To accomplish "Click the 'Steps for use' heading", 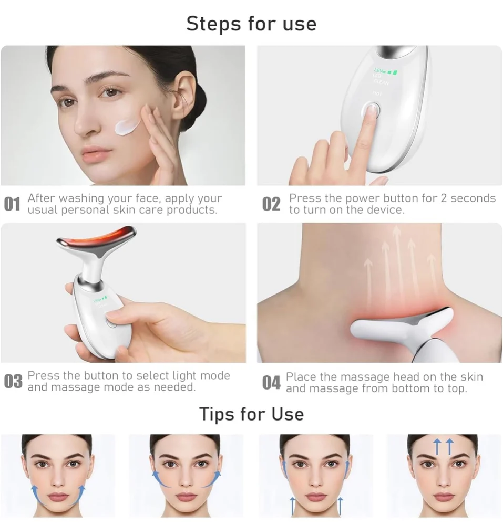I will (x=251, y=24).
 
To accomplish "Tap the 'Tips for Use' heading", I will (x=251, y=414).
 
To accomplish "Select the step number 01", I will (x=12, y=204).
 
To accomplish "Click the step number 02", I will (x=271, y=204).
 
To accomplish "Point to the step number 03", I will (x=13, y=382).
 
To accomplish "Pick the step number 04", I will (x=271, y=383).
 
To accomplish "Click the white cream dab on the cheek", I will (x=127, y=127).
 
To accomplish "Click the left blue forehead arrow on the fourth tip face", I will (x=436, y=447).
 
